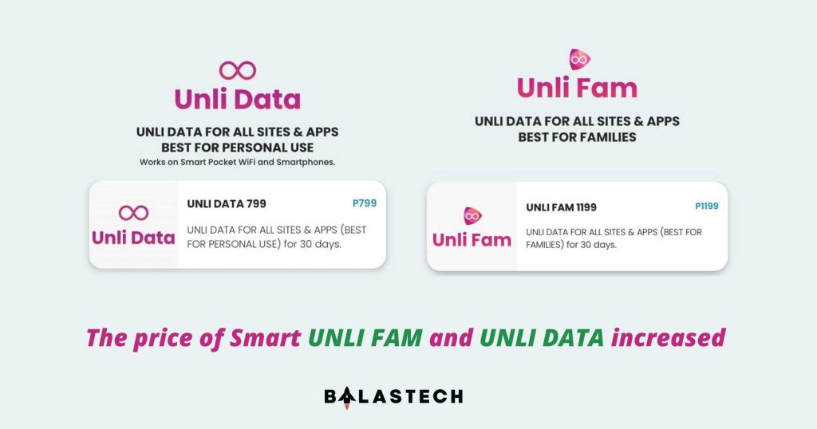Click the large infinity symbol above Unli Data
pos(238,70)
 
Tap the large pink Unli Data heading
pos(238,100)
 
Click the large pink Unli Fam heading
pos(577,88)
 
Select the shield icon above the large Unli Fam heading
pos(578,59)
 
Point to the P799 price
pos(364,203)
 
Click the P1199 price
pos(706,207)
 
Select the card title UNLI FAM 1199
pos(561,207)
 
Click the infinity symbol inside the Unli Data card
pos(133,213)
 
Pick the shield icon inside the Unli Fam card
pos(472,215)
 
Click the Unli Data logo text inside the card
pos(133,238)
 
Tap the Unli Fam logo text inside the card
pos(472,239)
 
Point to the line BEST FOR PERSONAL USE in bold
pos(238,148)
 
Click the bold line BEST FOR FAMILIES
pos(577,137)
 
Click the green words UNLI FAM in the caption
pos(366,337)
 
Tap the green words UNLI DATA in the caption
pos(543,337)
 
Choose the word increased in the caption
pos(669,337)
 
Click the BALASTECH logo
pos(393,396)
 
